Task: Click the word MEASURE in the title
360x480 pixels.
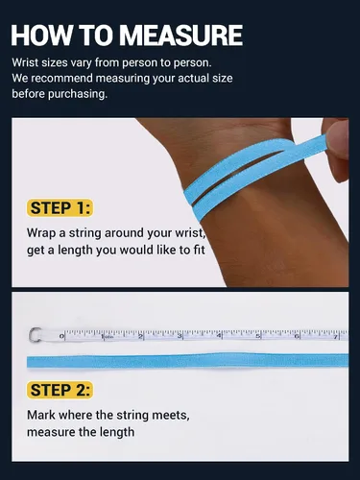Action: tap(180, 35)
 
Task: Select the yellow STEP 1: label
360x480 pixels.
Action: tap(60, 208)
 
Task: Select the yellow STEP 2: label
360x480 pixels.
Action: tap(60, 390)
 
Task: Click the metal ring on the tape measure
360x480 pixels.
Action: tap(35, 335)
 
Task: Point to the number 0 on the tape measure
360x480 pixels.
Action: tap(61, 336)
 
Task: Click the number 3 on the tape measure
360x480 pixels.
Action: tap(180, 336)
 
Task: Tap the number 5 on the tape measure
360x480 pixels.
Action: tap(258, 336)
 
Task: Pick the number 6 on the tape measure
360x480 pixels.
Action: tap(297, 336)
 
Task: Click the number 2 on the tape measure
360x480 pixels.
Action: tap(140, 336)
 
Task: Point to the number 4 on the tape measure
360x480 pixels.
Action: tap(219, 336)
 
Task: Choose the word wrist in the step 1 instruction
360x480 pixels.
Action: tap(191, 233)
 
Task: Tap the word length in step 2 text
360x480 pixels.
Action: tap(117, 432)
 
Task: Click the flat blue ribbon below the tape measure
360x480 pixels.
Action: tap(187, 361)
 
